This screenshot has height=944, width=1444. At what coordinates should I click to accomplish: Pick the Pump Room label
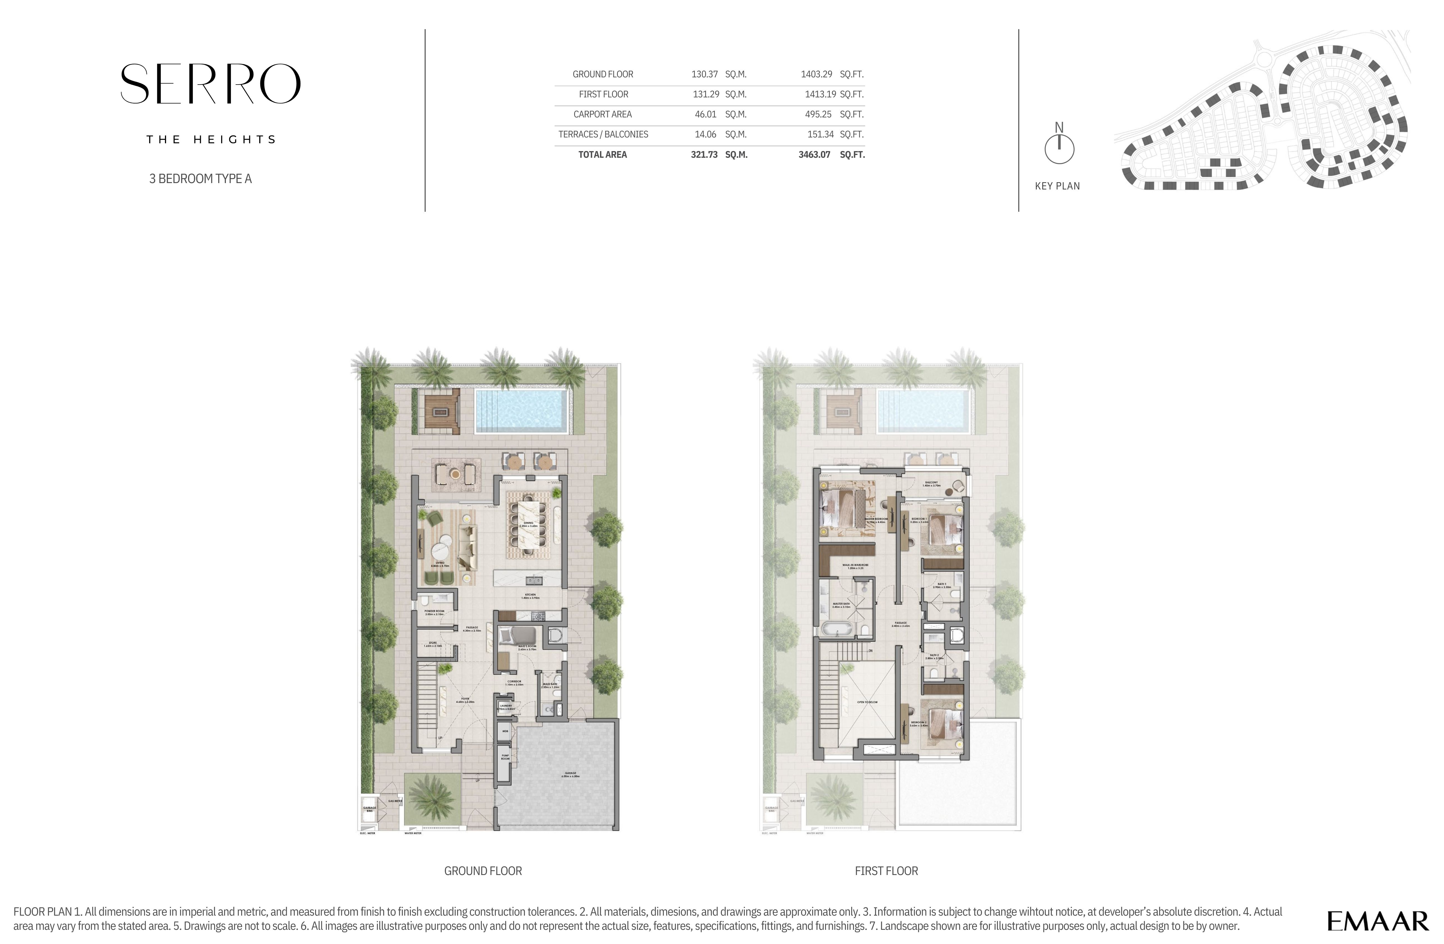click(x=505, y=757)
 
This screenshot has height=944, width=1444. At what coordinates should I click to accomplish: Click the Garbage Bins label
click(x=369, y=809)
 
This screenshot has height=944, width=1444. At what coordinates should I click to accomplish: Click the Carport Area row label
click(x=603, y=114)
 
